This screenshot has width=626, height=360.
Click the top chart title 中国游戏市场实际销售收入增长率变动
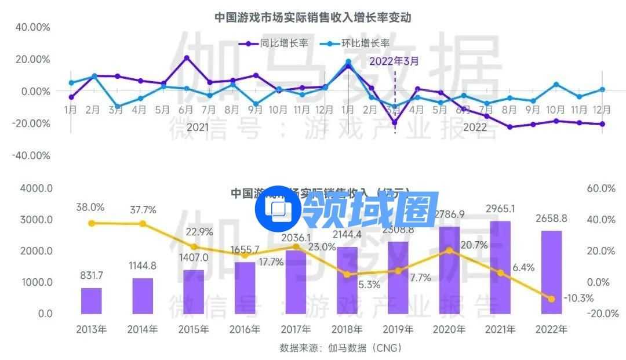click(x=313, y=17)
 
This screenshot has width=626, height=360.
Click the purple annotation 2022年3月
click(x=394, y=60)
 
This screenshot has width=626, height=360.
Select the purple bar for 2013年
click(x=91, y=300)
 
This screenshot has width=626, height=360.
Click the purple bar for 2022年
click(x=551, y=272)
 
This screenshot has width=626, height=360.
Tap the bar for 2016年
click(x=245, y=288)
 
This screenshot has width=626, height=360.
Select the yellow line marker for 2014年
click(x=143, y=224)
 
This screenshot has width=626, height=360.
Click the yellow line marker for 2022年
click(x=551, y=299)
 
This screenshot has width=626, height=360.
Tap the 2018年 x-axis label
click(x=347, y=330)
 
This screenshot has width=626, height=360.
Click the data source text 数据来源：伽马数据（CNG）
click(x=341, y=348)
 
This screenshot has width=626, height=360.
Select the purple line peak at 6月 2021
click(x=187, y=58)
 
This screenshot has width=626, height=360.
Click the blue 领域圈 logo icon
click(x=279, y=208)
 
